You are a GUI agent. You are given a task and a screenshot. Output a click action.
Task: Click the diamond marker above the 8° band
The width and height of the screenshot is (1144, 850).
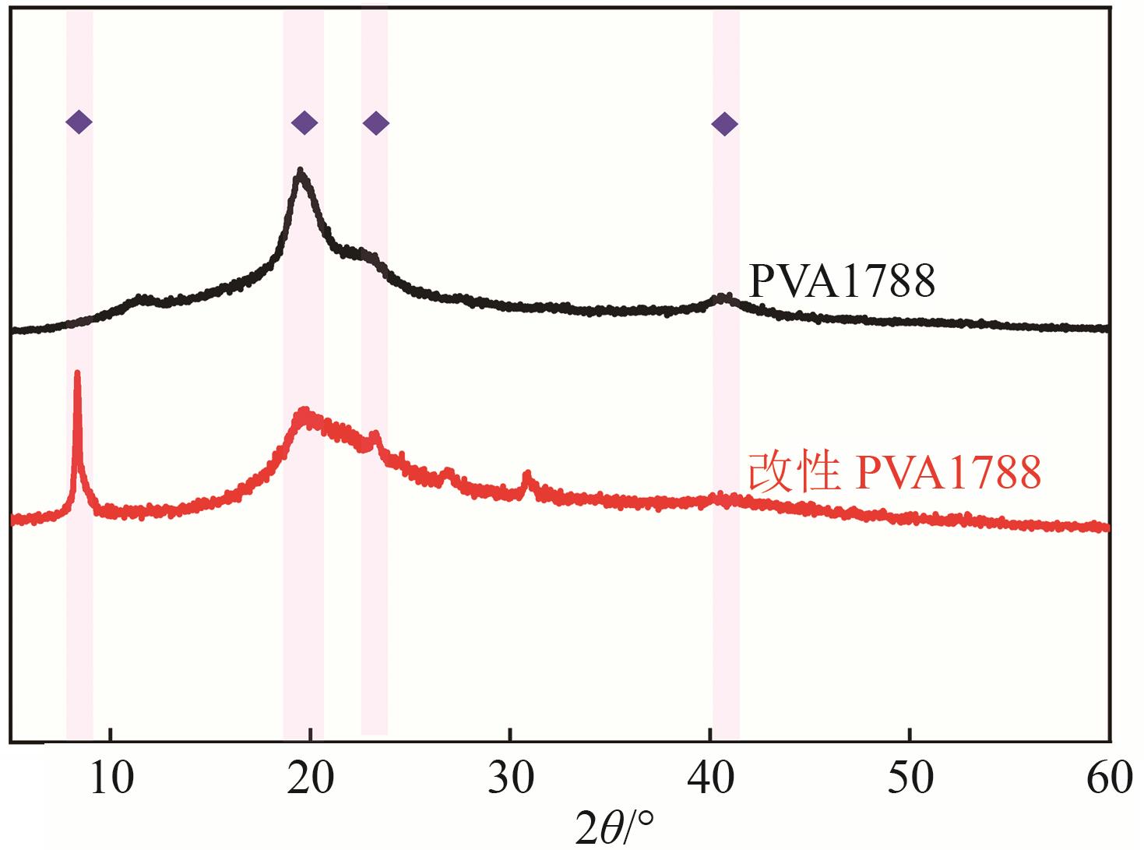coord(79,122)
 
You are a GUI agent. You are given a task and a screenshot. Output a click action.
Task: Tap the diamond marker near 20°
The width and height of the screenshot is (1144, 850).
coord(304,122)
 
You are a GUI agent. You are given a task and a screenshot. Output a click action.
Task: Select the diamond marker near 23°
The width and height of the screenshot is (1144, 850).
coord(376,123)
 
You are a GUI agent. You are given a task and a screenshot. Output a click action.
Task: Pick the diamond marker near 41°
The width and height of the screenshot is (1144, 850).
coord(725,123)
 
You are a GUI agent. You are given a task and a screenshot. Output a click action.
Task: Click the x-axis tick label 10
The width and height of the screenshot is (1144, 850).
coord(111,779)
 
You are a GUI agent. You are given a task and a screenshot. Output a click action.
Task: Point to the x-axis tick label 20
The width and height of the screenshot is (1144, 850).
coord(310,779)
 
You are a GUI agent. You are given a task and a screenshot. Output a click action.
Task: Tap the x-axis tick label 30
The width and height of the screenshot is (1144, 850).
coord(510,779)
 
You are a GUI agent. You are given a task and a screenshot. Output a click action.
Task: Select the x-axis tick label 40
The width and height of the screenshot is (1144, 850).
coord(709,779)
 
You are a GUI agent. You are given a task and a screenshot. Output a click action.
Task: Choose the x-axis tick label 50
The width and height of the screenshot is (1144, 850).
coord(910,779)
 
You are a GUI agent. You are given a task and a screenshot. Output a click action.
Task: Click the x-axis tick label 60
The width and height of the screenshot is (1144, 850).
coord(1109,779)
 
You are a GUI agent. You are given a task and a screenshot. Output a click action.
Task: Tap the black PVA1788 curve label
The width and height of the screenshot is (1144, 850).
coord(841,281)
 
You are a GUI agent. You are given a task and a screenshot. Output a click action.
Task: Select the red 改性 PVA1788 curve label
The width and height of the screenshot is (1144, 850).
coord(894,473)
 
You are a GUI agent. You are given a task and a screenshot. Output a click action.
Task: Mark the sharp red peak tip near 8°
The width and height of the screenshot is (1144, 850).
coord(77,373)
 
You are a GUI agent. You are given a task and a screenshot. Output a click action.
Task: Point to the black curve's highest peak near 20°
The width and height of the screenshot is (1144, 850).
coord(301,171)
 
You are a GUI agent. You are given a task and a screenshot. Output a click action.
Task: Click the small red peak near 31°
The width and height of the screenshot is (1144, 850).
coord(527,474)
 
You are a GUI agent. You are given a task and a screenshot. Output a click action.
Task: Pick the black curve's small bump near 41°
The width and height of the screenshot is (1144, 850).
coord(726,297)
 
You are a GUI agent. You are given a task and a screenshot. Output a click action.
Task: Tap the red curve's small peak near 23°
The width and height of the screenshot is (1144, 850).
coord(375,434)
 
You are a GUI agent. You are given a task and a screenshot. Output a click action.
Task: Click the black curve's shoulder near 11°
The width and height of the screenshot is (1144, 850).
coord(140,297)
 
